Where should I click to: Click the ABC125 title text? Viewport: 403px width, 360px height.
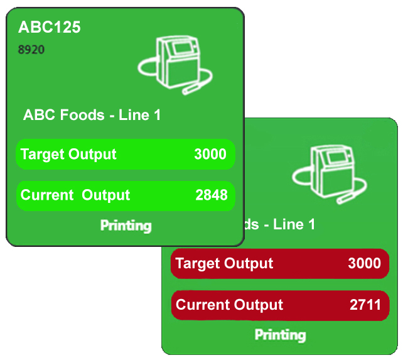(50, 27)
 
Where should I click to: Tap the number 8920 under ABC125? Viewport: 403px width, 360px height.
(31, 49)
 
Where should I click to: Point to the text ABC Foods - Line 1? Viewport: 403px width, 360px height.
(92, 115)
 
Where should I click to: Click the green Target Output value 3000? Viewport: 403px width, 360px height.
(210, 155)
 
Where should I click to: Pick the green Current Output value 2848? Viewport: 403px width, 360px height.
(211, 195)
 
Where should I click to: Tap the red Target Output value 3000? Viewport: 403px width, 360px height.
(364, 263)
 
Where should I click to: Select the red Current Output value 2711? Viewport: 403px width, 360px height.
(365, 305)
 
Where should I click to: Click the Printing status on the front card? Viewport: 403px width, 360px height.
(126, 226)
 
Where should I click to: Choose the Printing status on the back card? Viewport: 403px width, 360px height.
(280, 335)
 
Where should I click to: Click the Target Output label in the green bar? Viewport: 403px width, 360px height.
(68, 155)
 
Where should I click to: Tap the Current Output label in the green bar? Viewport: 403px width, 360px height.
(75, 195)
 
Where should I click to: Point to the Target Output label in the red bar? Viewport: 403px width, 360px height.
(224, 263)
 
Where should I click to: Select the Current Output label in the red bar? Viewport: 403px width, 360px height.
(229, 305)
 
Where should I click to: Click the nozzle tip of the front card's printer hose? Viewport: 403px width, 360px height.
(186, 92)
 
